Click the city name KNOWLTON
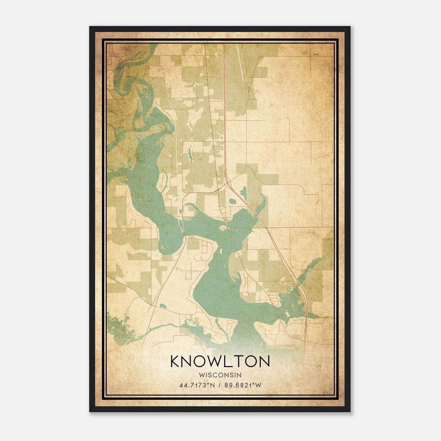(x=220, y=361)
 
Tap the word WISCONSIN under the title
(x=220, y=375)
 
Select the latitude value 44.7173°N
(x=197, y=385)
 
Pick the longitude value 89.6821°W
(x=243, y=385)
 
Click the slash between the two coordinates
(x=220, y=385)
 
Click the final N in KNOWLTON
(x=264, y=361)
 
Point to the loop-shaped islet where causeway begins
(x=223, y=228)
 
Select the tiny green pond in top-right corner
(x=316, y=54)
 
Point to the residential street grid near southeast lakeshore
(x=274, y=298)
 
